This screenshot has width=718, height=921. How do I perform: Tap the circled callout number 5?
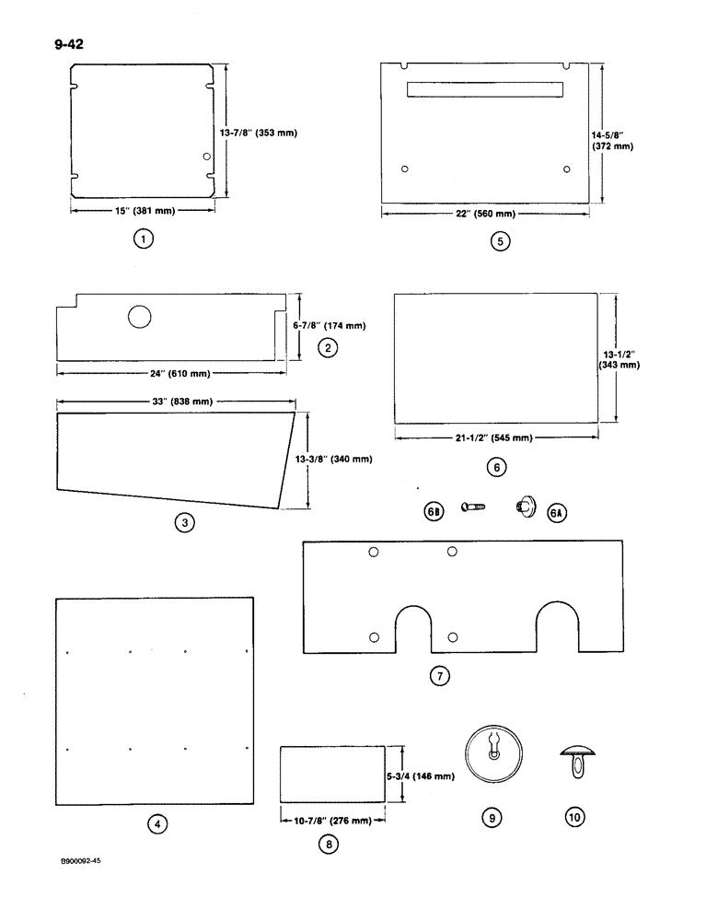pyautogui.click(x=499, y=242)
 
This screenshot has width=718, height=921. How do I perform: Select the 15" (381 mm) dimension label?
pyautogui.click(x=143, y=210)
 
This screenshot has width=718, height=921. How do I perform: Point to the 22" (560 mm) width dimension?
pyautogui.click(x=486, y=214)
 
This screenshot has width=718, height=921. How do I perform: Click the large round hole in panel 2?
pyautogui.click(x=140, y=317)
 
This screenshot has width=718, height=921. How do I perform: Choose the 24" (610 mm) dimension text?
pyautogui.click(x=170, y=373)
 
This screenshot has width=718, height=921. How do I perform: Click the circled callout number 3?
pyautogui.click(x=185, y=522)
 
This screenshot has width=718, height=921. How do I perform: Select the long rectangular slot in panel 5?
pyautogui.click(x=484, y=89)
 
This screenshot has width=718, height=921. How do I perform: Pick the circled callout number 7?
pyautogui.click(x=439, y=676)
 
